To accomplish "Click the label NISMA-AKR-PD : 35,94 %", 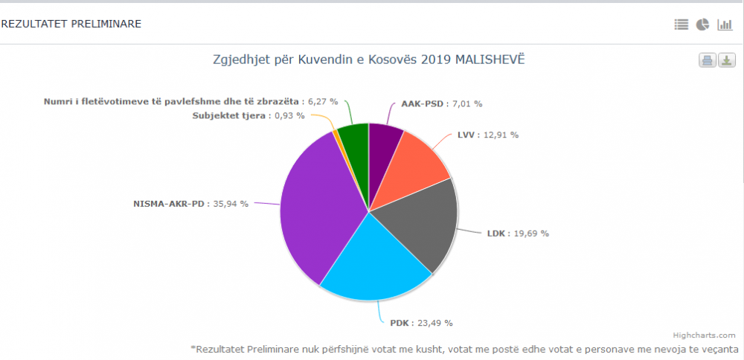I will [x=190, y=203].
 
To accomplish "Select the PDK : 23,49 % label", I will [x=421, y=323].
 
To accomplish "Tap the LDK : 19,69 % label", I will [x=518, y=234].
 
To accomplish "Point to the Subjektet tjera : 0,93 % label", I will [x=248, y=115].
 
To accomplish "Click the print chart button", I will [x=707, y=61].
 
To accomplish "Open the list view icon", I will [x=682, y=25].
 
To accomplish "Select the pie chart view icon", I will [x=702, y=25].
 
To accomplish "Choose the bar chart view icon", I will [x=725, y=25].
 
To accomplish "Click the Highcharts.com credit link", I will [x=704, y=335].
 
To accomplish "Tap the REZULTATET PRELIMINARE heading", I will [x=71, y=24].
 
